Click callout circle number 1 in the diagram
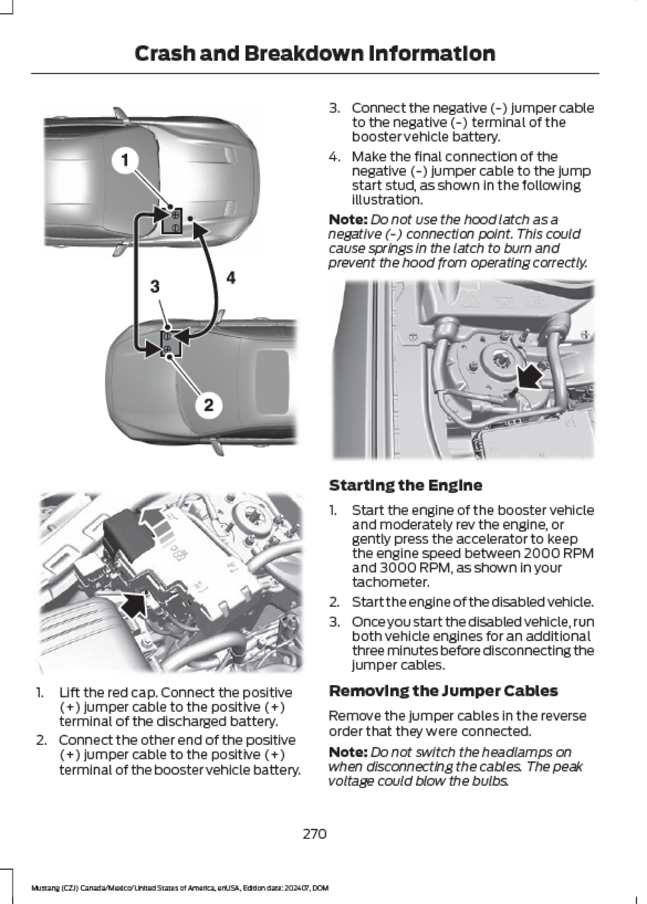125,160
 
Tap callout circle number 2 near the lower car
209,404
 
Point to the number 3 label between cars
155,287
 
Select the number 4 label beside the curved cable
231,278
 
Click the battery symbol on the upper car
172,221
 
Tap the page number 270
314,833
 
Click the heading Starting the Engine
405,485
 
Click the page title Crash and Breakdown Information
314,53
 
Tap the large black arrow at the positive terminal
134,604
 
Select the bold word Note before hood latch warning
347,220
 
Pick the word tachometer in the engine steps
390,582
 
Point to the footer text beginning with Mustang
180,888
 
